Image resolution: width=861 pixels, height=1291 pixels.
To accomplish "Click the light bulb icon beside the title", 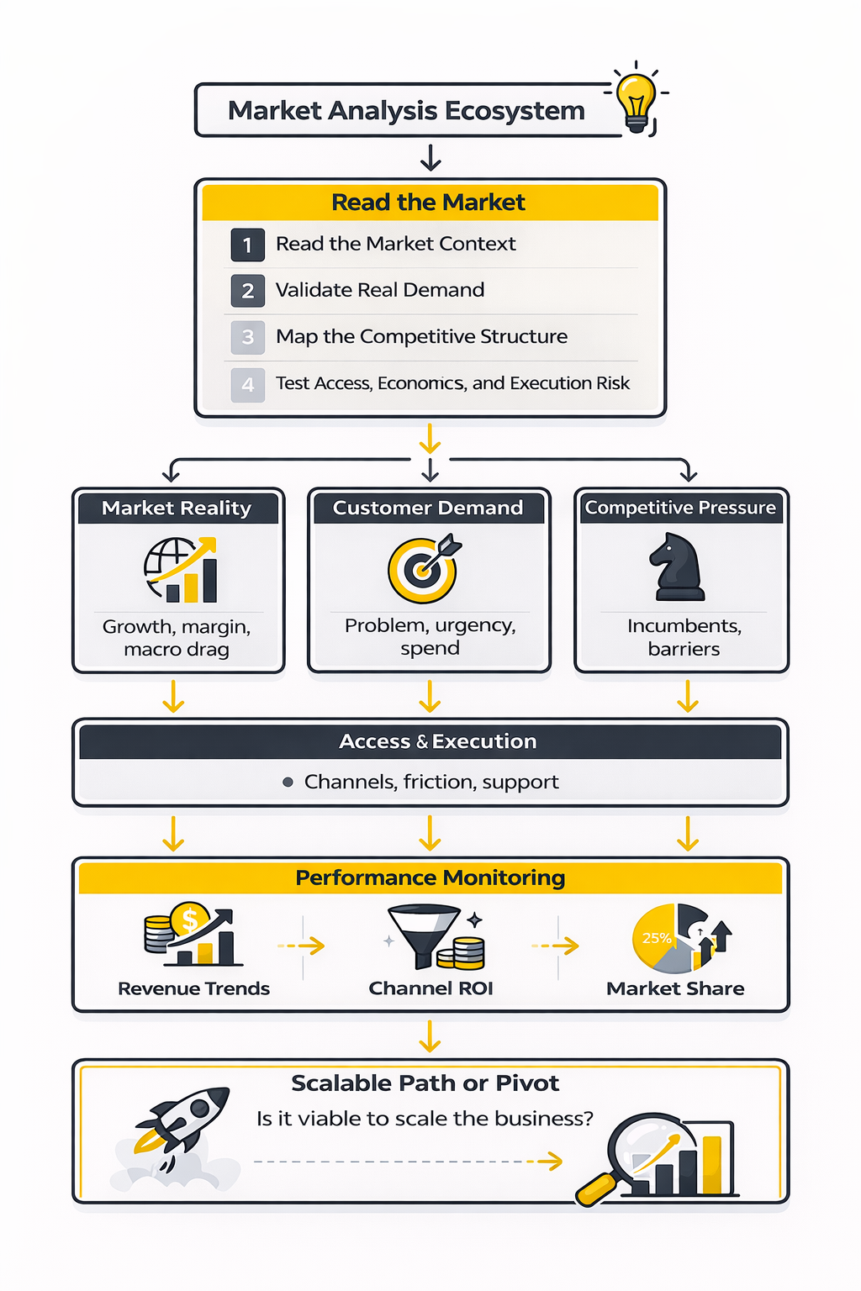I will coord(637,100).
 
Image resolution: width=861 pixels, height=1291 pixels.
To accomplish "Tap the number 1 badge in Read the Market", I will coord(247,245).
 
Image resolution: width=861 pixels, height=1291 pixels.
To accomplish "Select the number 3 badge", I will coord(247,337).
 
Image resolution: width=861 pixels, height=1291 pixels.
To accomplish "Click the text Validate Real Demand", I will coord(380,290).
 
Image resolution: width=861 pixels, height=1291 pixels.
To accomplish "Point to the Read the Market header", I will coord(429,203).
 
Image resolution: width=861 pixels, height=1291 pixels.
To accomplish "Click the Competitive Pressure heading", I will coord(680,508).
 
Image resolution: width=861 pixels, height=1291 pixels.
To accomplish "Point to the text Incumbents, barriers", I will coord(684,637).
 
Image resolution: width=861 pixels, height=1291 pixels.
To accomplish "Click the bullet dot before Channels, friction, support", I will coord(288,783).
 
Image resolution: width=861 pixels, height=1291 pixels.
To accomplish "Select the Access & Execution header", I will coord(437,741).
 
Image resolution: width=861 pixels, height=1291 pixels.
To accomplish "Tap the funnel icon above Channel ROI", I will coord(425,933).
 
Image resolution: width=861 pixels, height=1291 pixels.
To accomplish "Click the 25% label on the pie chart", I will coord(657,938).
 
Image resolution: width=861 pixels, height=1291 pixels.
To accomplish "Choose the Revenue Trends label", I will coord(193,988).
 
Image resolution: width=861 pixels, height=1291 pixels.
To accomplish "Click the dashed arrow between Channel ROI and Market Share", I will coord(555,946).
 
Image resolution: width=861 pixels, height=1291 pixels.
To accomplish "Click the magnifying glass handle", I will coord(595,1188).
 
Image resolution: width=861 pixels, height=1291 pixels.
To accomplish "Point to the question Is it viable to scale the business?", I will coord(425,1119).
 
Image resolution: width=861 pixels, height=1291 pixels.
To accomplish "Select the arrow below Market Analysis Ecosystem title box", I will coord(430,157).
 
